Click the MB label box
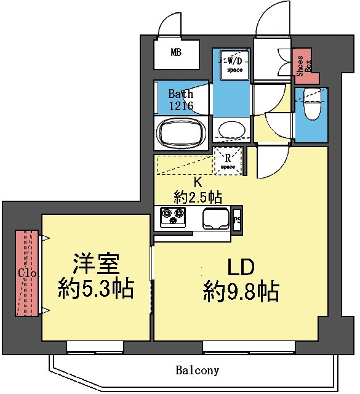pos(177,53)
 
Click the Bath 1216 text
pos(182,100)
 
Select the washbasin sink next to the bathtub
pos(231,131)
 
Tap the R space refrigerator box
pos(228,161)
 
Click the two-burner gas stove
pos(173,217)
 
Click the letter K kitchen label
pos(198,182)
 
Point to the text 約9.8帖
pos(241,290)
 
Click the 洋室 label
pos(95,265)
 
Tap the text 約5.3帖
pos(95,288)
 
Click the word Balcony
pos(198,371)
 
